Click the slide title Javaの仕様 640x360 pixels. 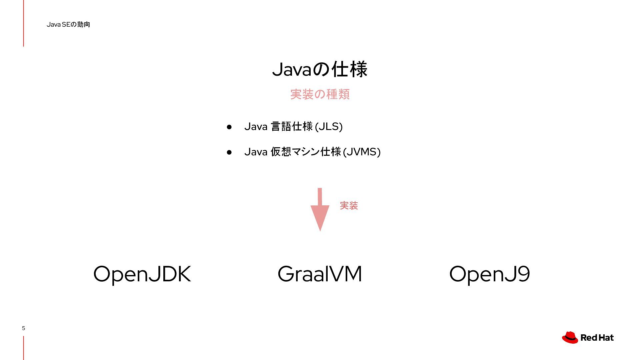tap(320, 69)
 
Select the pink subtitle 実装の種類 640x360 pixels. tap(320, 94)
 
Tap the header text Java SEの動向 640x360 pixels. tap(68, 25)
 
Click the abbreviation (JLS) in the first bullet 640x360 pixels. tap(328, 127)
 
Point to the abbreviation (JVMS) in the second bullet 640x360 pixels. tap(361, 152)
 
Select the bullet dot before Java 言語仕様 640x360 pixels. tap(229, 127)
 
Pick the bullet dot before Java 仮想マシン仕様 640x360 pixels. tap(229, 152)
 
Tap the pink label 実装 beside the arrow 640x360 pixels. tap(349, 206)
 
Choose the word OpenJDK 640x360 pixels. tap(142, 274)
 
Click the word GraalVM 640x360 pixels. tap(320, 274)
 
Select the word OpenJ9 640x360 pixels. tap(489, 274)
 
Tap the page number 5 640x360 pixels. tap(23, 328)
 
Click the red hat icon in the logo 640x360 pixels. tap(570, 337)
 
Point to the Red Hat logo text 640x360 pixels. tap(597, 338)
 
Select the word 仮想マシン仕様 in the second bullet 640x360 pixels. tap(306, 152)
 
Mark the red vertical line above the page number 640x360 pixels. tap(23, 23)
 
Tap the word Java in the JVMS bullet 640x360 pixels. tap(256, 152)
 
